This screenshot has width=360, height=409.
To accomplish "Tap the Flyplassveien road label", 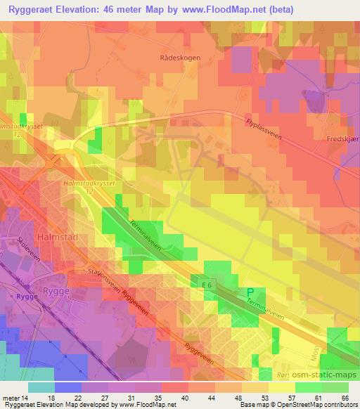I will click(265, 129).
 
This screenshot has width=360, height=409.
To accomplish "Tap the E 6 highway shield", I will click(206, 285).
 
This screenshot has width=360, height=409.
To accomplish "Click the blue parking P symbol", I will click(249, 292).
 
